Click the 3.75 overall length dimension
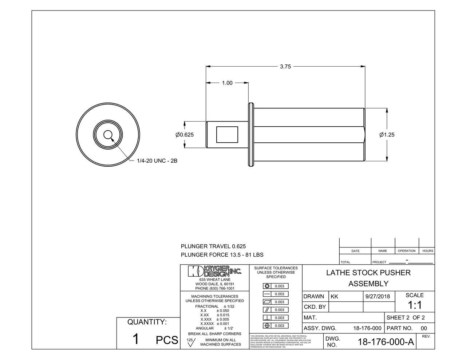(285, 67)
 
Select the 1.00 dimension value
(227, 83)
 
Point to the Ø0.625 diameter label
(185, 135)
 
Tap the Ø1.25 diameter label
(387, 135)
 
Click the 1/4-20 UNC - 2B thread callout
(157, 161)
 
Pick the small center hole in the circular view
(107, 135)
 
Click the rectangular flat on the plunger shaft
(227, 135)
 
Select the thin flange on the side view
(251, 135)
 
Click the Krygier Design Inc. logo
(214, 271)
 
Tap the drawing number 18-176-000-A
(386, 342)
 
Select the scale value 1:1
(414, 305)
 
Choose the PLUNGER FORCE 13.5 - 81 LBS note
(222, 255)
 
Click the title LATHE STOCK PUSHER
(368, 273)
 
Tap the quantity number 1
(135, 339)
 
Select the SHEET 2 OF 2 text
(405, 317)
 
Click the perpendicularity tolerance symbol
(267, 318)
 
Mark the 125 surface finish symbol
(191, 342)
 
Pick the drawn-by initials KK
(334, 297)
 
